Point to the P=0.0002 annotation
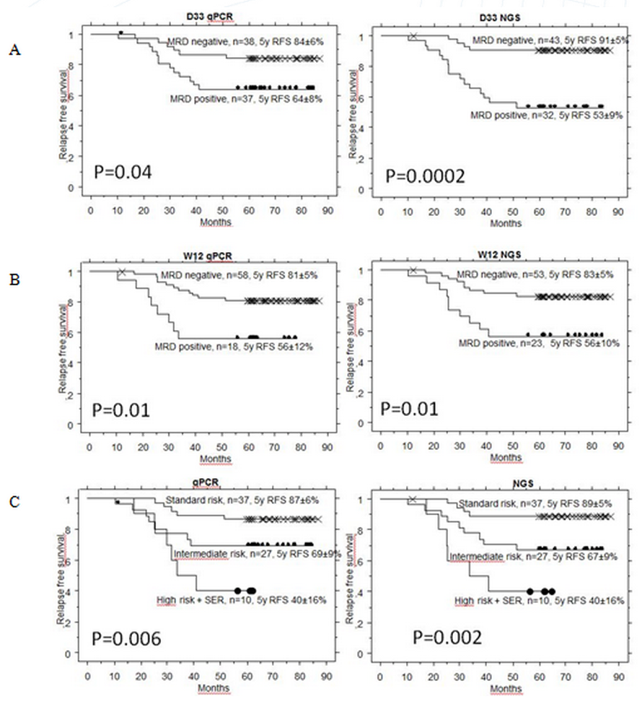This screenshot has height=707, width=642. [423, 175]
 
